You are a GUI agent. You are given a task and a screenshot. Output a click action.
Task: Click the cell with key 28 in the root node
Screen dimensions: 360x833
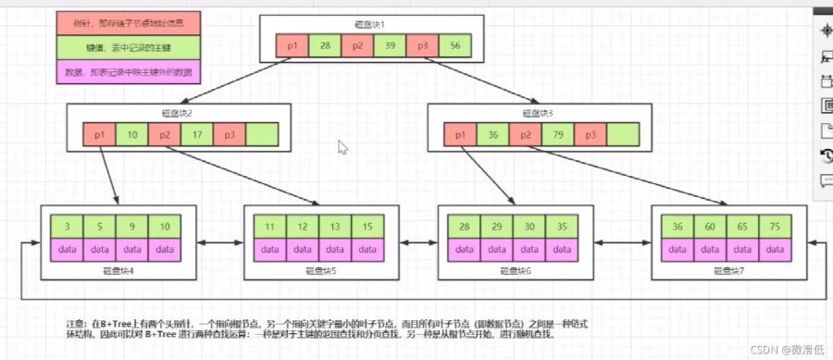tap(324, 45)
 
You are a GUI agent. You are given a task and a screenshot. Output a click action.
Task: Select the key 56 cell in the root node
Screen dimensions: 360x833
tap(455, 45)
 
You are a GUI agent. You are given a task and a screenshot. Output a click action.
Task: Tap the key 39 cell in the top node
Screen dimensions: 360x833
tap(390, 45)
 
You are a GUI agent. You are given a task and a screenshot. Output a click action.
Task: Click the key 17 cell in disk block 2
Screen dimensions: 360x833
tap(198, 135)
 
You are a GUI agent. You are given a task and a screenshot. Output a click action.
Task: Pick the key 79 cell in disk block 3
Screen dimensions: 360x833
tap(559, 135)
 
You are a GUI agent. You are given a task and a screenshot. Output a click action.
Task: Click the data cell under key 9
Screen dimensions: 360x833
tap(132, 251)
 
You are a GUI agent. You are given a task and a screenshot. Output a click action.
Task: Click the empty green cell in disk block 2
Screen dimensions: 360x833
tap(263, 135)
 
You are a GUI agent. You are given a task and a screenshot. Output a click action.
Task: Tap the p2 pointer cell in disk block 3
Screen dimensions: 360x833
tap(526, 135)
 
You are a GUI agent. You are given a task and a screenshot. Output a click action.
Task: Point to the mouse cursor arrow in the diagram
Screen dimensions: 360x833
tap(343, 146)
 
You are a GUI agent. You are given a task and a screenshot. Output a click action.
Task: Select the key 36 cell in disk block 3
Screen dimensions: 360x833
tap(494, 135)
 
